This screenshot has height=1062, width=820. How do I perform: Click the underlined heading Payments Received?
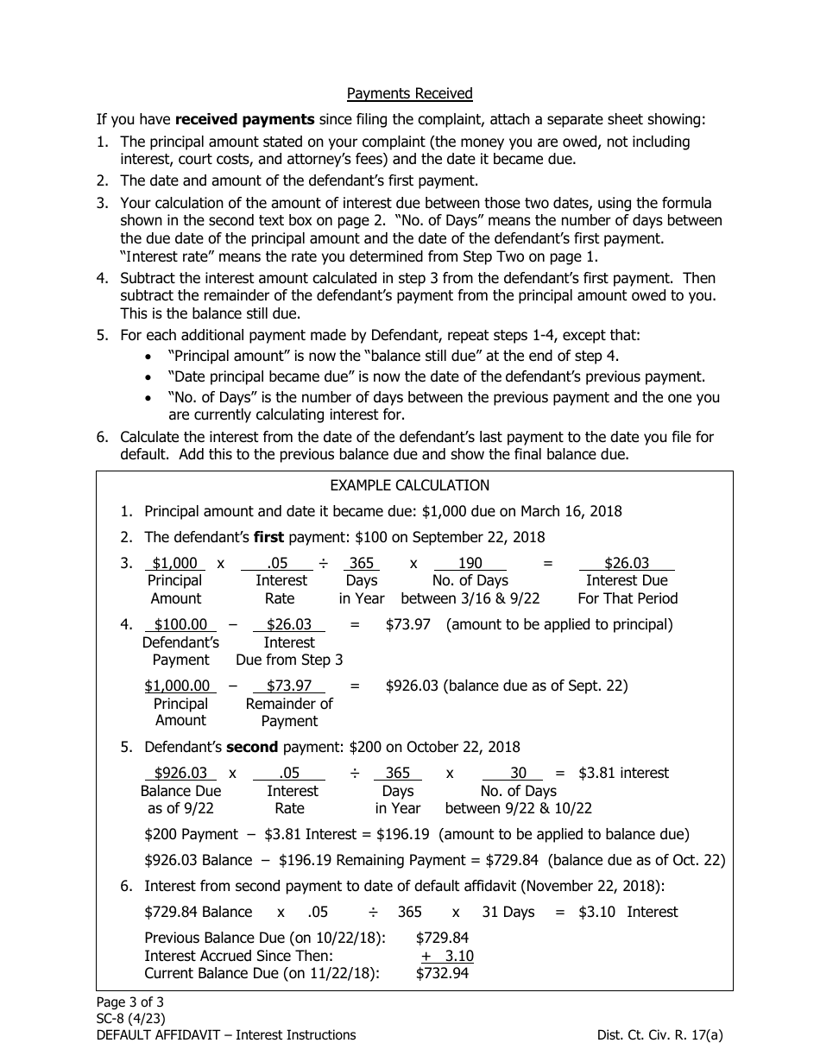coord(409,93)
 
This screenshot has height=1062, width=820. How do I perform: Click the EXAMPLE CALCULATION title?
coord(409,485)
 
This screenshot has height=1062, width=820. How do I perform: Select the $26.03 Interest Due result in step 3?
coord(626,564)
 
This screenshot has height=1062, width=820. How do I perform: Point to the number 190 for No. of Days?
coord(470,564)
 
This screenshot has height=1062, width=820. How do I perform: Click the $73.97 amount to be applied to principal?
coord(407,624)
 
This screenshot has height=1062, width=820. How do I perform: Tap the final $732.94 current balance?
coord(442,973)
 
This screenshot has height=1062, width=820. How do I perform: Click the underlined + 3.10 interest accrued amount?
coord(447,956)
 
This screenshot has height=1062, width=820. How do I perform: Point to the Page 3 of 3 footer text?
coord(129,1002)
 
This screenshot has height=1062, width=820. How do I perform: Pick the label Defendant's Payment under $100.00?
coord(180,651)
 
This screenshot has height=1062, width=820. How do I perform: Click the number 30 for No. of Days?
coord(518,773)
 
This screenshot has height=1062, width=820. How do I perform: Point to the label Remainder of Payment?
coord(289,712)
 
